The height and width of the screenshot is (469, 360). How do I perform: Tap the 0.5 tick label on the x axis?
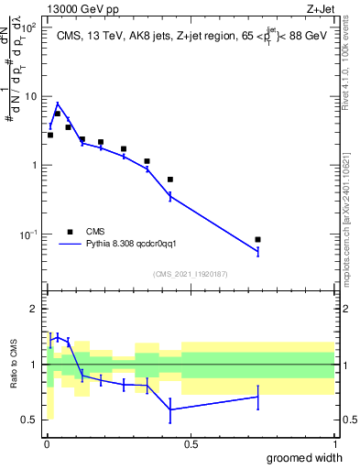[191, 444]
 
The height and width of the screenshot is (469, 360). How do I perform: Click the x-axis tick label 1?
[334, 444]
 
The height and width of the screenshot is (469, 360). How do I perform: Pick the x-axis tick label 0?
[47, 444]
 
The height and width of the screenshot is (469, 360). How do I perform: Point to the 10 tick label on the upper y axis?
[29, 96]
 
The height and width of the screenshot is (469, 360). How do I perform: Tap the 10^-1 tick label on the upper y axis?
[27, 234]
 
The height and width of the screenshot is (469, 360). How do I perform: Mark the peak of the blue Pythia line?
[58, 104]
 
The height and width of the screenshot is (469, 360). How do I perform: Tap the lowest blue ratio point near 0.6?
[170, 409]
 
